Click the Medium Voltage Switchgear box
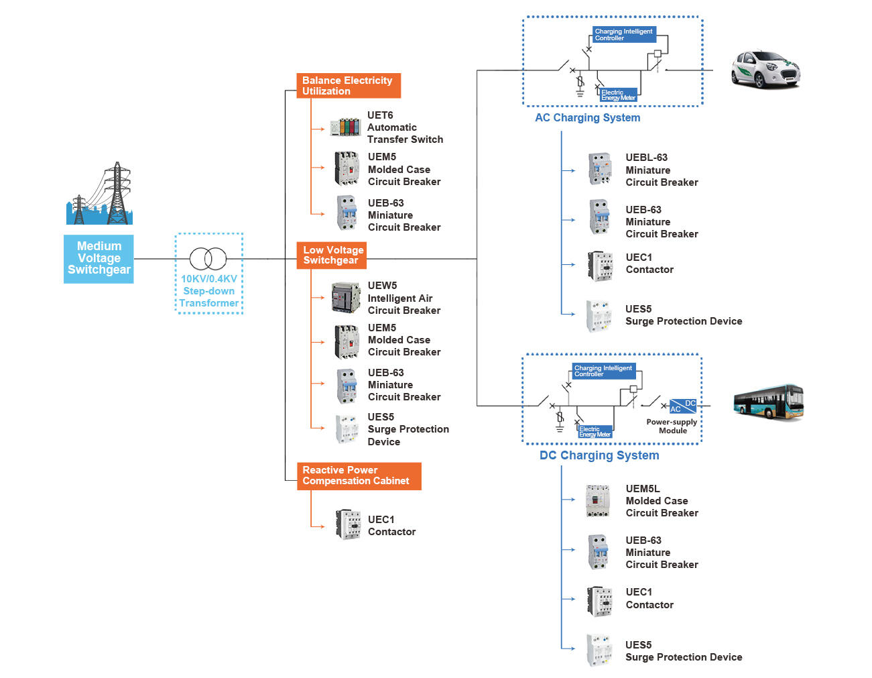99,258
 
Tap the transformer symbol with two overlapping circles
208,258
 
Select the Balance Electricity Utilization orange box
348,86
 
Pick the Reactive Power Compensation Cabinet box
359,475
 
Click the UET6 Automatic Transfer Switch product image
345,127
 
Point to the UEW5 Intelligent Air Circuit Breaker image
346,298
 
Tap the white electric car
765,69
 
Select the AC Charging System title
587,118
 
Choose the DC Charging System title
599,455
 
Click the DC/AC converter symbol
683,406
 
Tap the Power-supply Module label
672,427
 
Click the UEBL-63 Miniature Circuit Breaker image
600,169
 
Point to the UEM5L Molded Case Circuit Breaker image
597,500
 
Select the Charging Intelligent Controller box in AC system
623,35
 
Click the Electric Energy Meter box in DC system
595,432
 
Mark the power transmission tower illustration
100,194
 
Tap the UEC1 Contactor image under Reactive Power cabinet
348,525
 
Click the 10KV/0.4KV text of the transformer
208,279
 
